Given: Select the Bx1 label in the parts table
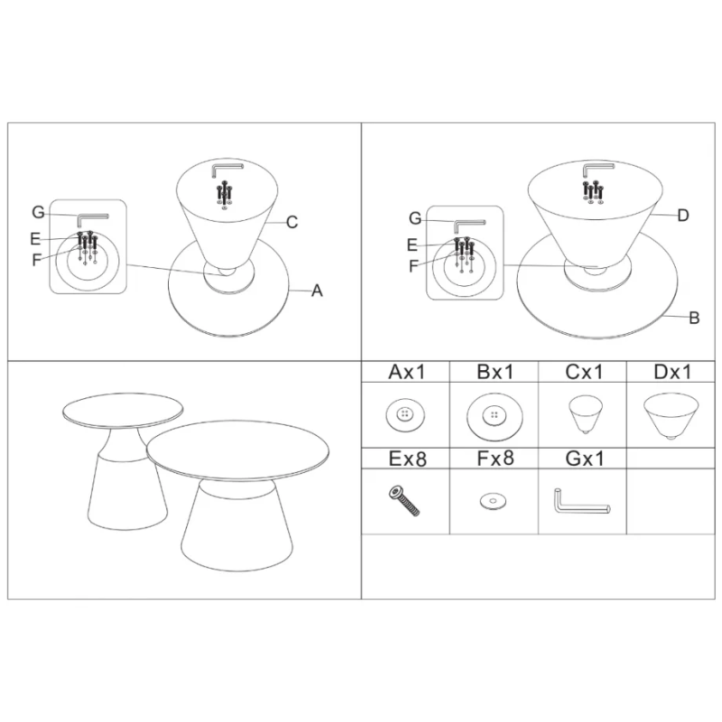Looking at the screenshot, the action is (495, 372).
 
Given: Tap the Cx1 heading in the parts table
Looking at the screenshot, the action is (583, 372).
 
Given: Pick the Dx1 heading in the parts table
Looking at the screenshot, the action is (672, 372).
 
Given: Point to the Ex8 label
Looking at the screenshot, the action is (408, 458).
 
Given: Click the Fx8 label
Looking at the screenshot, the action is (495, 458).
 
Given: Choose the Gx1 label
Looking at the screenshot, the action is (584, 458).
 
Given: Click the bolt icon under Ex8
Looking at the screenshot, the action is (404, 501).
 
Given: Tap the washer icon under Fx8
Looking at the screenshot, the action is (493, 501).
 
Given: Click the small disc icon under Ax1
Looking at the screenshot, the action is (405, 415).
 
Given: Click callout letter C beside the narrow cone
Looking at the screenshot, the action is (292, 222).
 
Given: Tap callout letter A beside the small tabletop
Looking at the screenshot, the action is (317, 291).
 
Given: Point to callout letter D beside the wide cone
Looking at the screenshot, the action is (683, 215).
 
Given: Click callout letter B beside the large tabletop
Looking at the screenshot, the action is (694, 318).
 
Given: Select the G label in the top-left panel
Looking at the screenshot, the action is (38, 212).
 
